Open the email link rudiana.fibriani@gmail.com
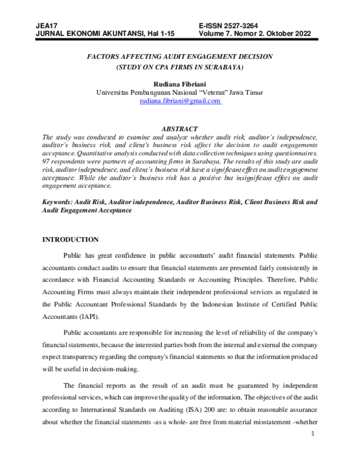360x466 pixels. [x=180, y=101]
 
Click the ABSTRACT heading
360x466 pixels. [x=180, y=129]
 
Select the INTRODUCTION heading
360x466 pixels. [x=70, y=240]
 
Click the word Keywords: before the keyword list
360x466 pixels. [x=58, y=202]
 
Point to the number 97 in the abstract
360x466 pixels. [x=46, y=163]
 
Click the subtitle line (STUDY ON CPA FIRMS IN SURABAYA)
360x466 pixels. [x=180, y=67]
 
